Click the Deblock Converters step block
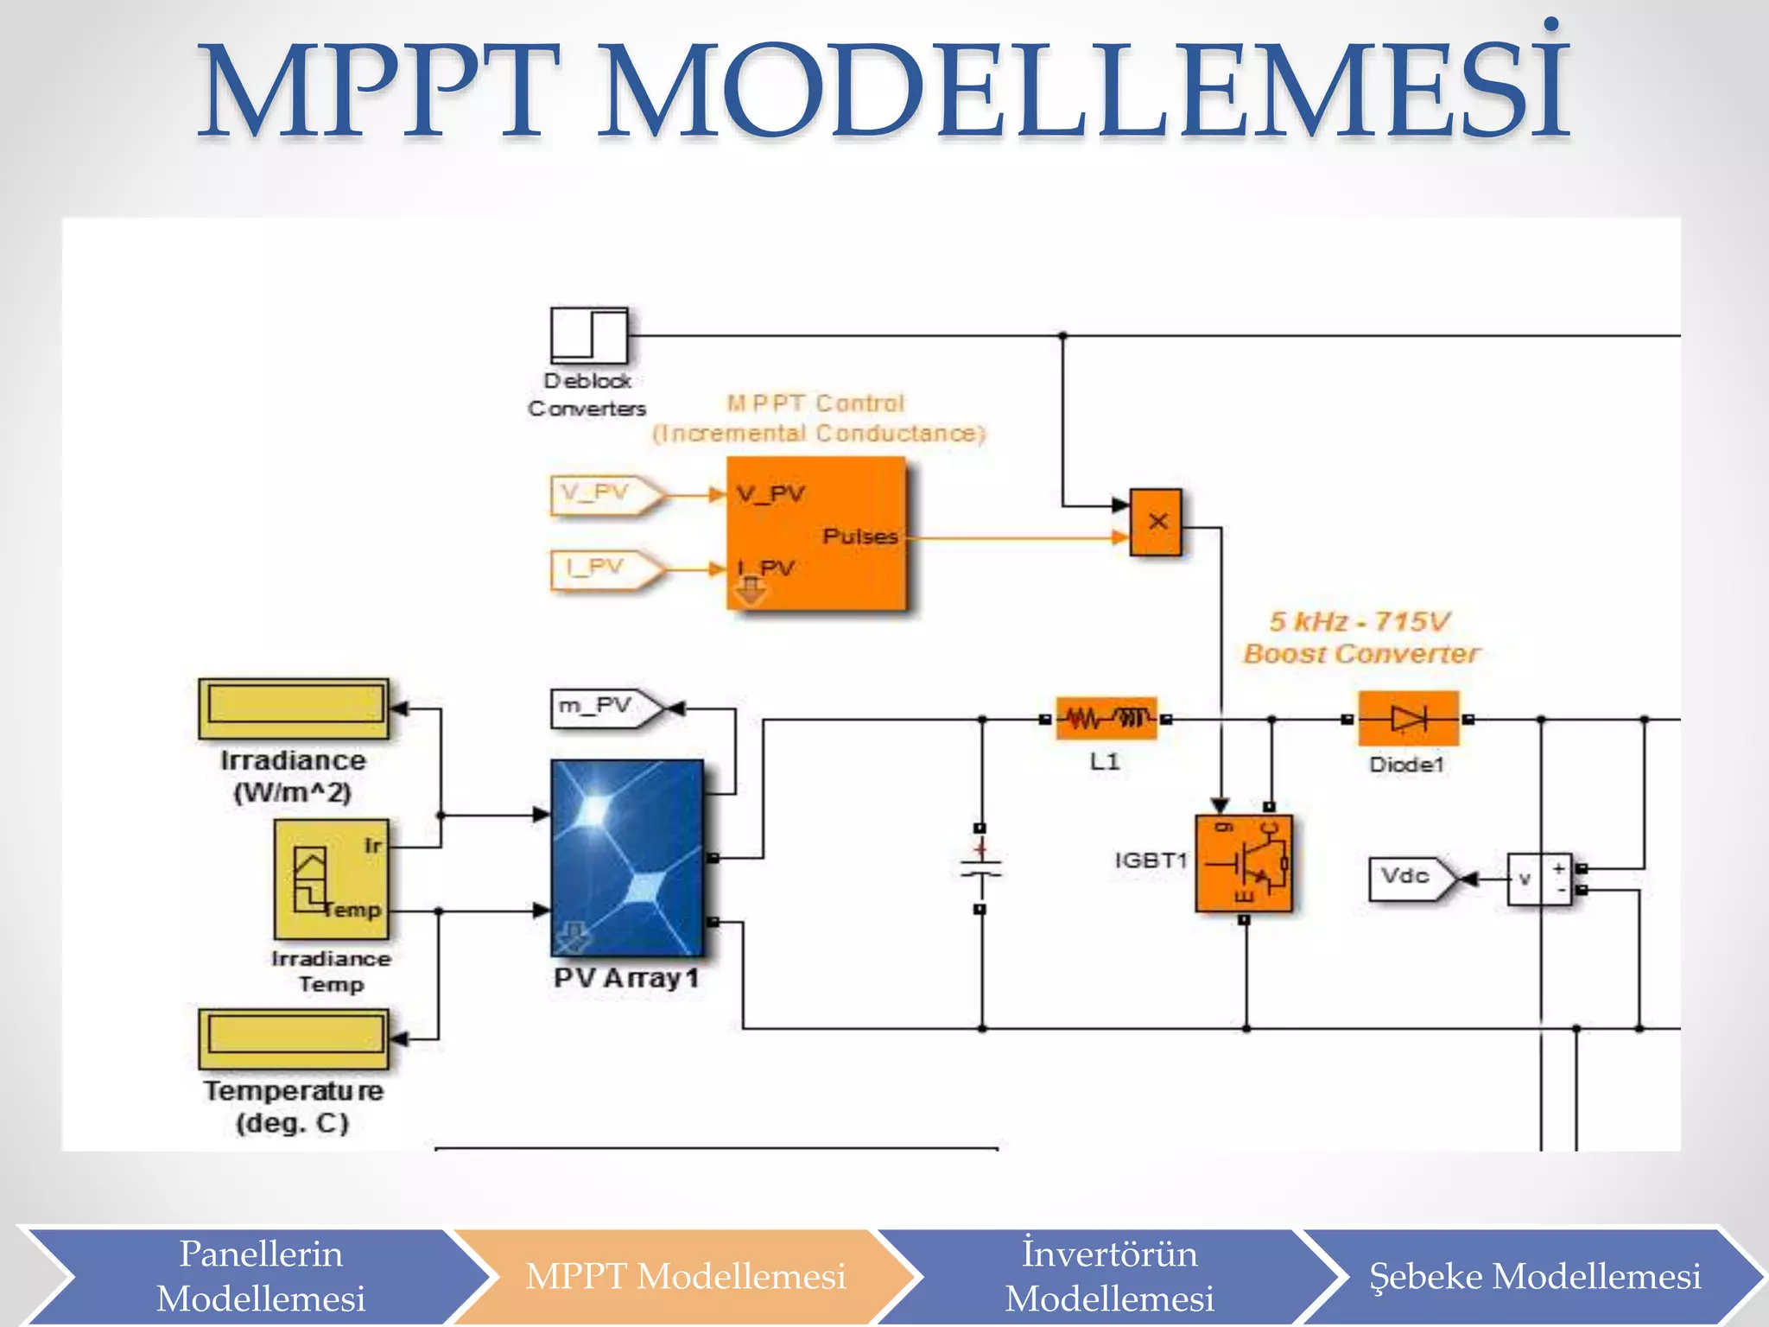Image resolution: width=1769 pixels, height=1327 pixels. pyautogui.click(x=589, y=335)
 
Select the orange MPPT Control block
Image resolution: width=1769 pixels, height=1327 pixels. pyautogui.click(x=816, y=533)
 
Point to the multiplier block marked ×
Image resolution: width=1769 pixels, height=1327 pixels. pyautogui.click(x=1157, y=522)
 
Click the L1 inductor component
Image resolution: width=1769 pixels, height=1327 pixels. pyautogui.click(x=1106, y=718)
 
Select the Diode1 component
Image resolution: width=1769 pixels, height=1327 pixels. pyautogui.click(x=1408, y=718)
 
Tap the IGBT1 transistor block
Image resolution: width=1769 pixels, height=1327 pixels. pyautogui.click(x=1244, y=862)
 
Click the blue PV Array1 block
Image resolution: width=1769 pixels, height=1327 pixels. pyautogui.click(x=627, y=857)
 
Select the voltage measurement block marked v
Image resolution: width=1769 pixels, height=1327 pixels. pyautogui.click(x=1538, y=879)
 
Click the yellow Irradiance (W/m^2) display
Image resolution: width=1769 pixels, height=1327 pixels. pyautogui.click(x=294, y=708)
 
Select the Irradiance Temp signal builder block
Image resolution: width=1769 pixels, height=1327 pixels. pyautogui.click(x=332, y=879)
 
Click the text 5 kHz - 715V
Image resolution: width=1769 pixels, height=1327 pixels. pyautogui.click(x=1359, y=621)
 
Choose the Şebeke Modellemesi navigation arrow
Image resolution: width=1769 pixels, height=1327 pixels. pyautogui.click(x=1534, y=1276)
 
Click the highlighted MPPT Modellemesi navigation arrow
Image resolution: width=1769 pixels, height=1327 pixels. pyautogui.click(x=685, y=1276)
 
